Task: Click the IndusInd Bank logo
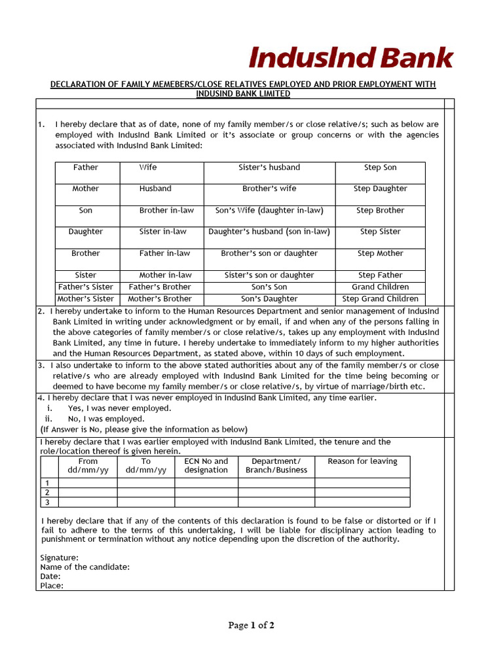point(350,58)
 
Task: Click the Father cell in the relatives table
point(86,167)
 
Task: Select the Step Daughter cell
point(380,188)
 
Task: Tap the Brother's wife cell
point(269,188)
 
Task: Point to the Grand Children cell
point(380,287)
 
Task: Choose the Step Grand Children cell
point(380,299)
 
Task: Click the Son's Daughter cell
point(269,299)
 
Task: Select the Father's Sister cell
point(86,287)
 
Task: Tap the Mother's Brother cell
point(160,299)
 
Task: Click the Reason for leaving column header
point(362,461)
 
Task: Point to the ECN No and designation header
point(206,465)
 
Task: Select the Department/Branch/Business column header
point(276,465)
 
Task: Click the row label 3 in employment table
point(47,502)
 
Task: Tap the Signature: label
point(60,557)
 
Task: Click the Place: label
point(52,586)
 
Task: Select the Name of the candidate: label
point(84,567)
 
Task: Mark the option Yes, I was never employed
point(119,408)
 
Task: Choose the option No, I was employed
point(105,419)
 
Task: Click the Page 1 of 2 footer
point(251,626)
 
